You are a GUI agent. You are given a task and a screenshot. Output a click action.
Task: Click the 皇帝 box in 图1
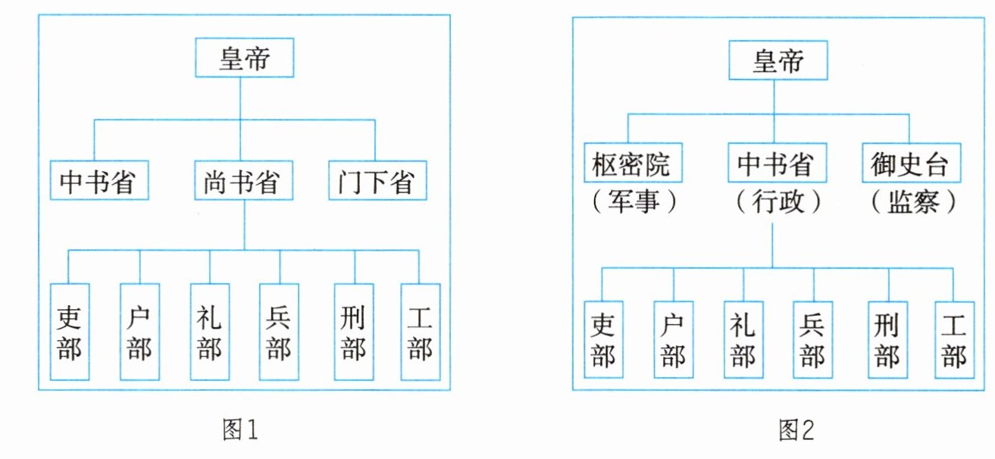tap(244, 58)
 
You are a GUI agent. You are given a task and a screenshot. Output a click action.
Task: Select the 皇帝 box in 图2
tap(778, 61)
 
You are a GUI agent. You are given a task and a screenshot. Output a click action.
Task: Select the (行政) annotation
tap(773, 202)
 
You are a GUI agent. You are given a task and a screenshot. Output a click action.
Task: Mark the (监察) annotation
tap(911, 202)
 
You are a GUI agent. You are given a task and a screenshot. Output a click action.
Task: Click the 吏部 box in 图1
tap(70, 331)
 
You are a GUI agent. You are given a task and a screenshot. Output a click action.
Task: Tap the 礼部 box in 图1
tap(210, 331)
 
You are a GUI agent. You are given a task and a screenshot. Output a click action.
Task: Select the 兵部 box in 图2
tap(813, 339)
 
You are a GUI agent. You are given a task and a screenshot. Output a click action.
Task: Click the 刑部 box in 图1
tap(354, 331)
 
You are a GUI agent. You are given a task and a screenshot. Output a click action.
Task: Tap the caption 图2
tap(795, 431)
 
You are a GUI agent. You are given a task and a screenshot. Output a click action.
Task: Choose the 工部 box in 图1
tap(420, 331)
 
